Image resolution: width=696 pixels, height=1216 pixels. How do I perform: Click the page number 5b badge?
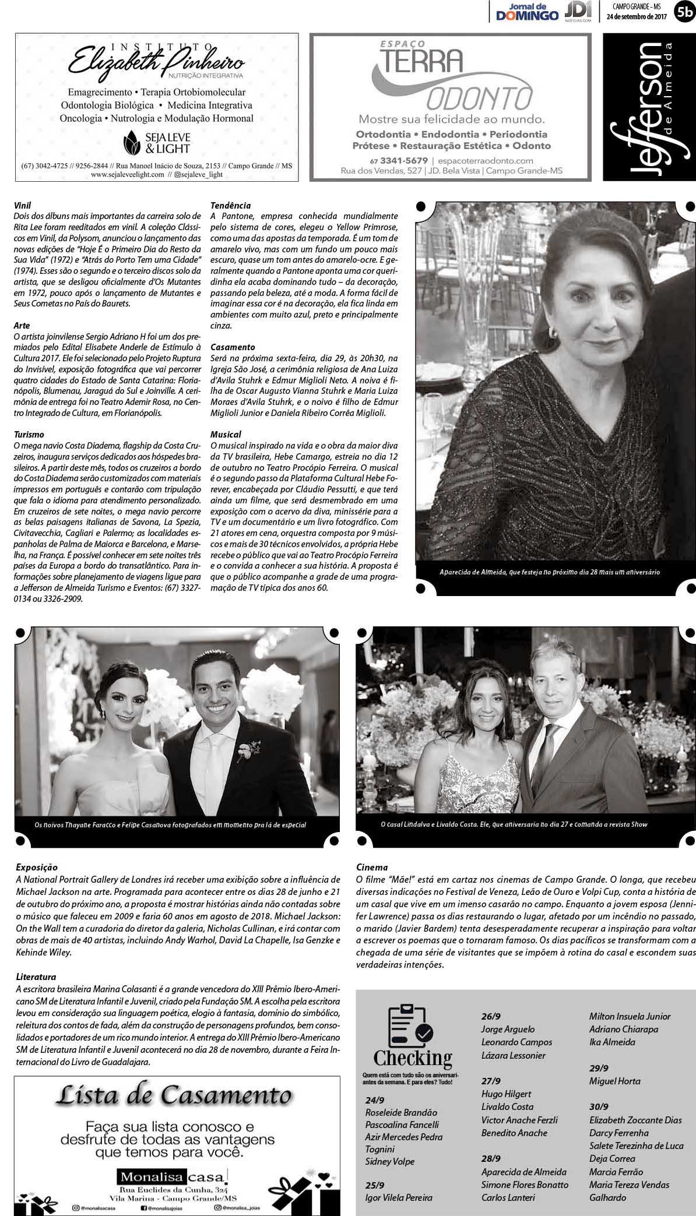point(684,10)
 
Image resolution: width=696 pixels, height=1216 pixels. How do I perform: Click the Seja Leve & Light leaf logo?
point(132,140)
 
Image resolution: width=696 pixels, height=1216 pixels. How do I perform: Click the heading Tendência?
point(230,205)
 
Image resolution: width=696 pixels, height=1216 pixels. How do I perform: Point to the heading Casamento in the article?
point(233,347)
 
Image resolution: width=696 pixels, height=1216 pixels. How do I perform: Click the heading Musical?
point(226,434)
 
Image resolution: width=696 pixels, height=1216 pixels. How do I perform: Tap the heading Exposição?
point(37,867)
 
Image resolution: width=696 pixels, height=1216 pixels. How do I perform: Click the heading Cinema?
point(372,867)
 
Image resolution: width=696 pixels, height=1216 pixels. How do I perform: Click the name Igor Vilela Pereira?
point(399,1197)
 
